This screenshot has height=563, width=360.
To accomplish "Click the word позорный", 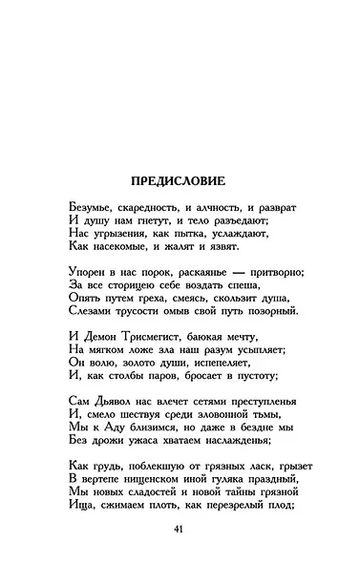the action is pos(271,311).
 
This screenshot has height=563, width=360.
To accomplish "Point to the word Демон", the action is pos(105,337).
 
